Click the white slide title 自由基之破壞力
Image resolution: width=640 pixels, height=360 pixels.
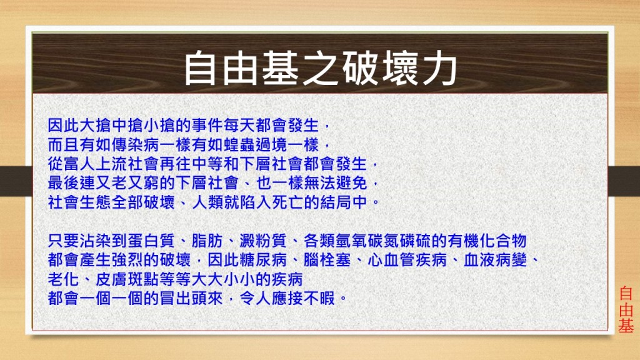[321, 69]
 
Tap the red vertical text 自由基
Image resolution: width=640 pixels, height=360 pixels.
[626, 310]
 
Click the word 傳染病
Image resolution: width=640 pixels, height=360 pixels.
[135, 144]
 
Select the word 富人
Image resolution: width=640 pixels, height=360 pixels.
[79, 164]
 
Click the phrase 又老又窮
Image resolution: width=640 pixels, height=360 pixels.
[127, 183]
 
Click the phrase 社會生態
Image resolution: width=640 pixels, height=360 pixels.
[79, 202]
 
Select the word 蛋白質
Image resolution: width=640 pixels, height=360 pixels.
[151, 241]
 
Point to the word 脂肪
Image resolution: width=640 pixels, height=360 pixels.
[207, 241]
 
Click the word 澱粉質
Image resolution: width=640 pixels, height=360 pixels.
[263, 241]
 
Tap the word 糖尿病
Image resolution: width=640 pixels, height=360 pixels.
[263, 259]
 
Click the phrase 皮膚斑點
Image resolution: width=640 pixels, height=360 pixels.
[127, 279]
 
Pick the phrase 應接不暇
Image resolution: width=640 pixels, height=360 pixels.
[303, 298]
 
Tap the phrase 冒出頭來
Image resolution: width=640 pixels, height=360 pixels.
[191, 298]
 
